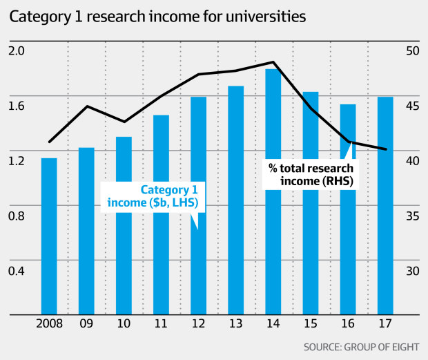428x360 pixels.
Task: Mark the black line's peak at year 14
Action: point(273,62)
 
